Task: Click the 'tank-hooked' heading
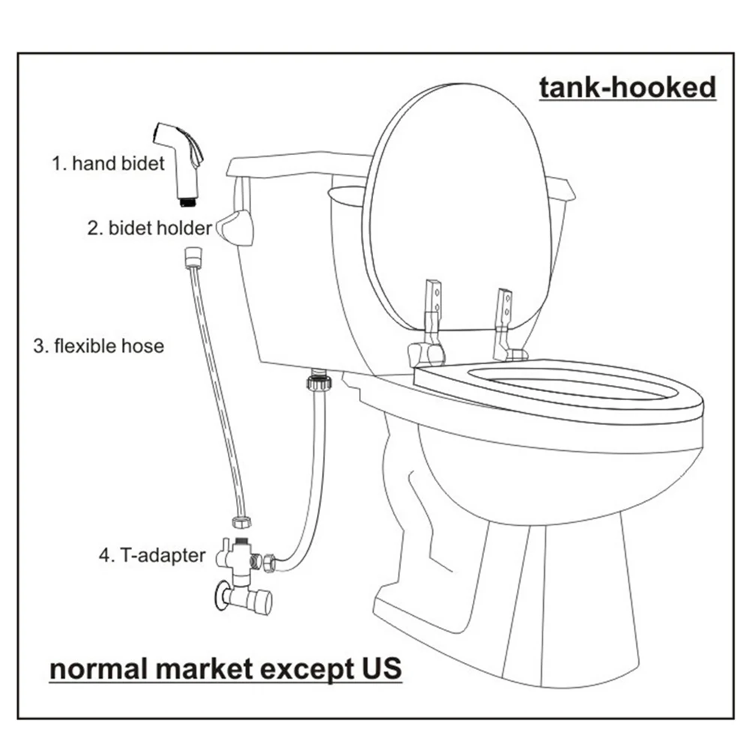tap(628, 88)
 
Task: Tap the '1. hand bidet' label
tap(108, 163)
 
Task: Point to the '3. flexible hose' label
tap(98, 346)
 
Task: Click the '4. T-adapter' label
tap(151, 556)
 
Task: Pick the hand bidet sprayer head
tap(178, 153)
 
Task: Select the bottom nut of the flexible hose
tap(241, 522)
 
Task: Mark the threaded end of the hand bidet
tap(187, 200)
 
